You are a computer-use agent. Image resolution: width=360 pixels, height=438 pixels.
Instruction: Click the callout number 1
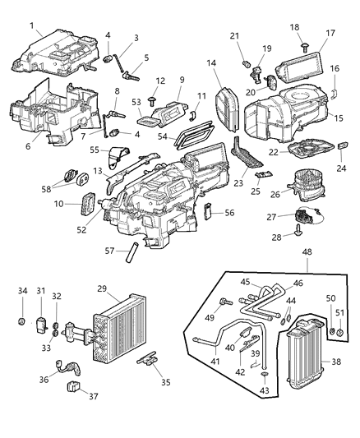[31, 25]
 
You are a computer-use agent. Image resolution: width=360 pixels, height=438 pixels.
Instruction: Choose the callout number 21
[235, 35]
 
